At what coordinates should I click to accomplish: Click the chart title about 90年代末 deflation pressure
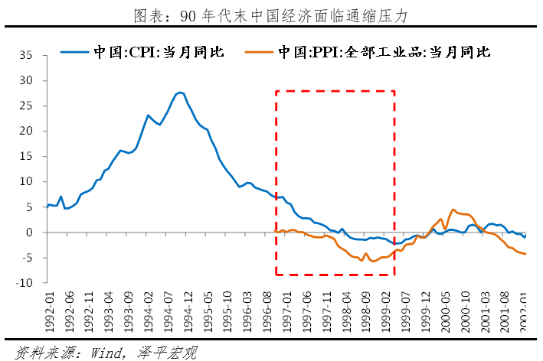click(x=271, y=14)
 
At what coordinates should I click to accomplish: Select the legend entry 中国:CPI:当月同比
click(x=158, y=53)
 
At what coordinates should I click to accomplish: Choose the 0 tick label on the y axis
click(x=31, y=232)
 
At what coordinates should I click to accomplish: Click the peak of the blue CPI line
click(x=179, y=93)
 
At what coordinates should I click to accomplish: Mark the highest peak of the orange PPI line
click(x=453, y=209)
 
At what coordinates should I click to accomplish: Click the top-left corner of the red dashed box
click(x=276, y=91)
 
